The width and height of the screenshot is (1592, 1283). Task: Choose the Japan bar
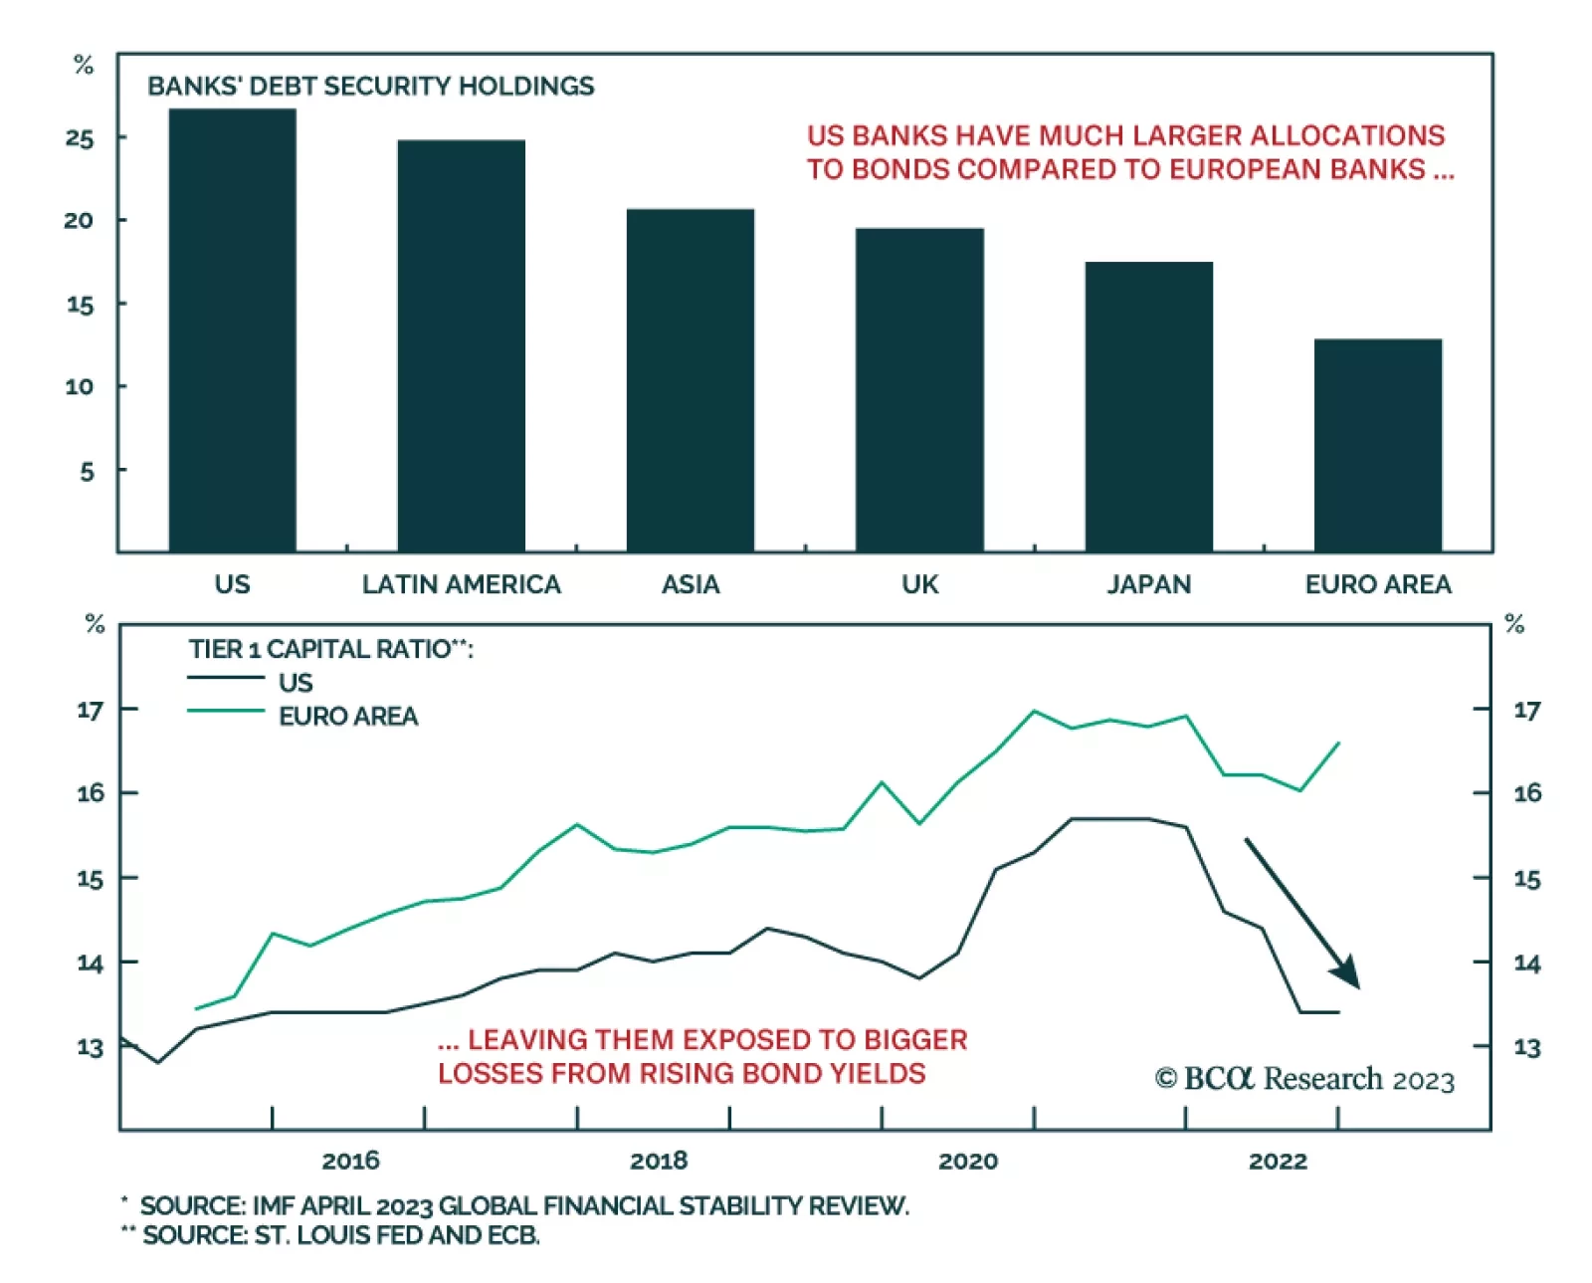click(x=1148, y=407)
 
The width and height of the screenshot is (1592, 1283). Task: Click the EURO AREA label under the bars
click(x=1377, y=584)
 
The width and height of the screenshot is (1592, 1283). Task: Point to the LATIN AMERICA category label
click(x=461, y=584)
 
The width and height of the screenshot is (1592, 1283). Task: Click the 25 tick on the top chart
click(x=80, y=138)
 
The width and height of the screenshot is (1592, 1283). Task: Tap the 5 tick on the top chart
click(x=87, y=471)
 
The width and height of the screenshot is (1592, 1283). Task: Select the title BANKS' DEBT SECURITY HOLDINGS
click(x=370, y=87)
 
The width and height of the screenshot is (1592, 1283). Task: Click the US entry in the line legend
click(x=295, y=683)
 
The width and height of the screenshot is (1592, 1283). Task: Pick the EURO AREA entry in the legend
click(x=347, y=717)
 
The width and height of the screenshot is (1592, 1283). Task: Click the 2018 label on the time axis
click(x=658, y=1161)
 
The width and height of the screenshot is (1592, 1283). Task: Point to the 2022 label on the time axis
click(x=1278, y=1161)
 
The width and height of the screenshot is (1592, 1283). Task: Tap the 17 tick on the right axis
click(x=1526, y=711)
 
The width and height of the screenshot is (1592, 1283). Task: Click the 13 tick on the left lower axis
click(x=90, y=1048)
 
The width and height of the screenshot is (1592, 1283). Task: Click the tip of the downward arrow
click(x=1358, y=987)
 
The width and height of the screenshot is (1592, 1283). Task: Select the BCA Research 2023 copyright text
click(x=1304, y=1079)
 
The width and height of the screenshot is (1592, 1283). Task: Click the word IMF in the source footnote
click(x=275, y=1206)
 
